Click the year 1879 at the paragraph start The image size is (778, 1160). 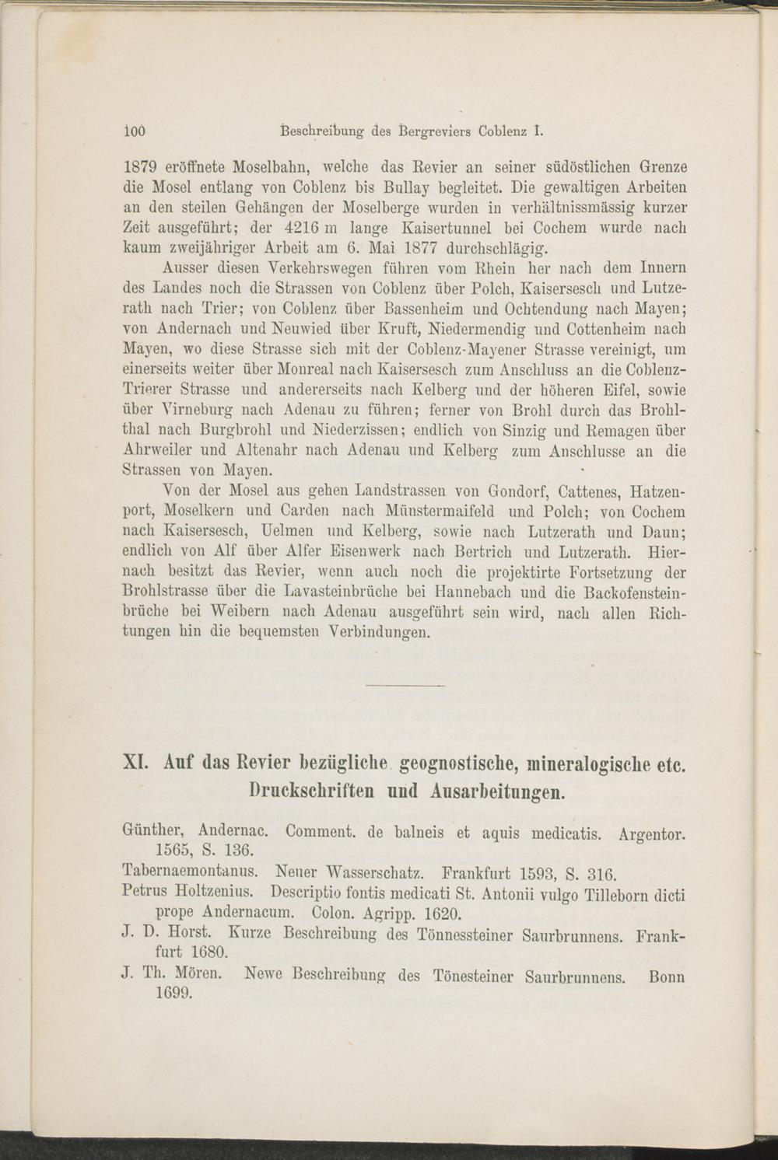point(142,167)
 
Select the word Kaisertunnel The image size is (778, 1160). point(452,229)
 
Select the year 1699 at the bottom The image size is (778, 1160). point(173,993)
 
